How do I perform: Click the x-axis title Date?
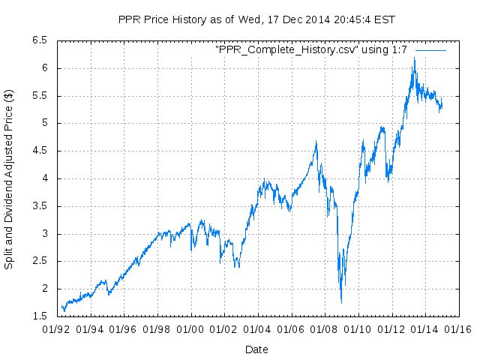[x=256, y=349]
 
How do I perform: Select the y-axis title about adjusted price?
[x=9, y=179]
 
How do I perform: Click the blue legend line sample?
[x=430, y=49]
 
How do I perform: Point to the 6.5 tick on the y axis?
[x=39, y=40]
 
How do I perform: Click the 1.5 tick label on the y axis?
[x=39, y=316]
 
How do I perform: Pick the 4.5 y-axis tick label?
[x=39, y=151]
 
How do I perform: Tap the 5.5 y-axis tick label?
[x=39, y=96]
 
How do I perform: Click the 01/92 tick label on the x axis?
[x=57, y=328]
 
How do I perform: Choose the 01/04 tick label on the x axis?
[x=257, y=328]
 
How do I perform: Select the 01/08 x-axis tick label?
[x=324, y=328]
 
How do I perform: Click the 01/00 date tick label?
[x=190, y=328]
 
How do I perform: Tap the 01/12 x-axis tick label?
[x=391, y=328]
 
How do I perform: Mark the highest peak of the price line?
[x=414, y=58]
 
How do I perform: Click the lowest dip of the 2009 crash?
[x=341, y=301]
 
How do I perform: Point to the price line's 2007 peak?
[x=316, y=141]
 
